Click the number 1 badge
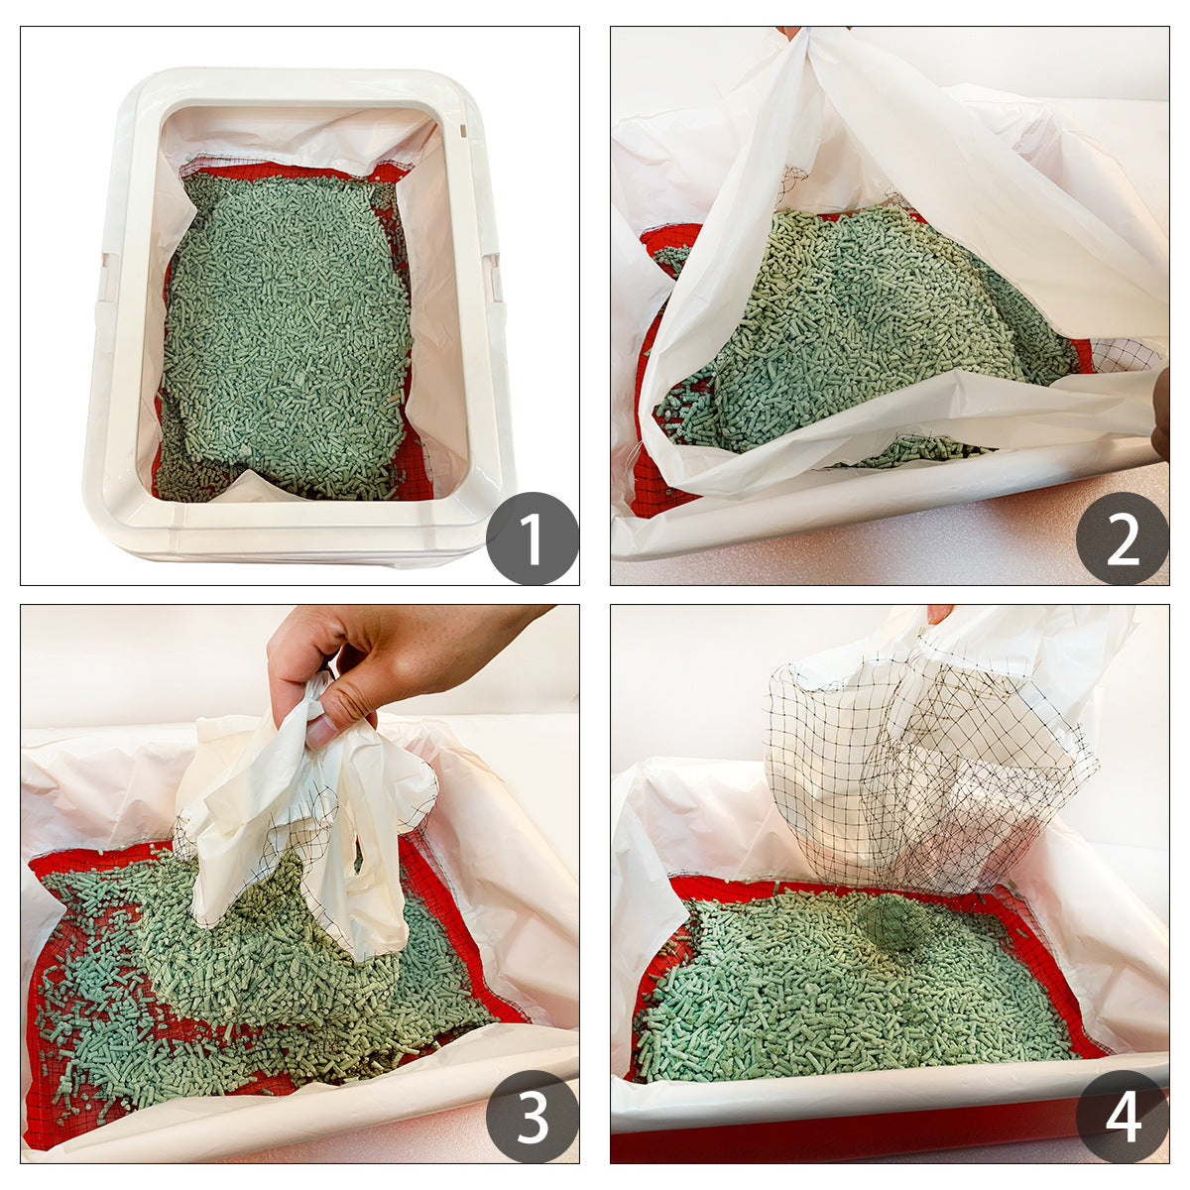(x=532, y=538)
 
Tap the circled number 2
(x=1122, y=538)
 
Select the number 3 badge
(x=532, y=1117)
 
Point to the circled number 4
(x=1122, y=1117)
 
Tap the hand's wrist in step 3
(x=496, y=630)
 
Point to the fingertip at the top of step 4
(x=938, y=613)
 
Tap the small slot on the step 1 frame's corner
(x=463, y=129)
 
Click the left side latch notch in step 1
(x=105, y=278)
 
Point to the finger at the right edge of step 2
(x=1160, y=416)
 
